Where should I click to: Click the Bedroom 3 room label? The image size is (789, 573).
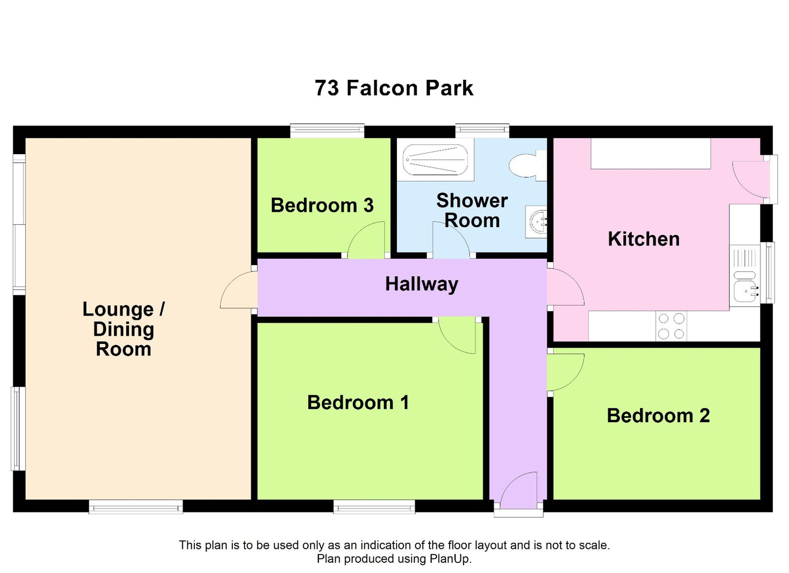(322, 205)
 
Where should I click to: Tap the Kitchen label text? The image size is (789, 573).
(644, 239)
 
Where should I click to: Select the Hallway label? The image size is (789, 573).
(422, 284)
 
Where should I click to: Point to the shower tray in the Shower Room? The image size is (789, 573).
(435, 160)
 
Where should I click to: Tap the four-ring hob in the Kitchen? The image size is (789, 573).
(671, 326)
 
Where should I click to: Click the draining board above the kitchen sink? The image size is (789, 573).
(744, 257)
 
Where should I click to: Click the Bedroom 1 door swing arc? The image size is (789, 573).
(456, 336)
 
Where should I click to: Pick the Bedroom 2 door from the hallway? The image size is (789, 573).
(566, 372)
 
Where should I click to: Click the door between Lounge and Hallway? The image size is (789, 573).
(238, 291)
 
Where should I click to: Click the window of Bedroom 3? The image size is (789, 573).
(327, 131)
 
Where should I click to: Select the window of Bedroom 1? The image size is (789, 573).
(374, 506)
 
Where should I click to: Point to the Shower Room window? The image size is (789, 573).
(482, 131)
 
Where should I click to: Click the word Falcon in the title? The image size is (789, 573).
(382, 88)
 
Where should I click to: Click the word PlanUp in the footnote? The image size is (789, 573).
(450, 559)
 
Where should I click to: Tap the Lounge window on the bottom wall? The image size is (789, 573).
(136, 506)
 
